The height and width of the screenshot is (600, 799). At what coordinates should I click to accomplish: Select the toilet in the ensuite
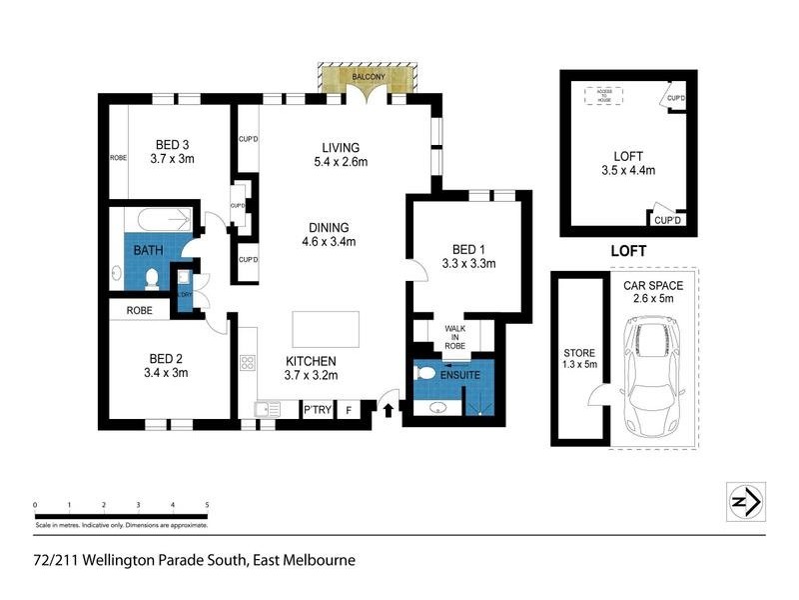click(x=423, y=373)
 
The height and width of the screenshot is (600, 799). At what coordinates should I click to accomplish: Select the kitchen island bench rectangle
click(x=326, y=328)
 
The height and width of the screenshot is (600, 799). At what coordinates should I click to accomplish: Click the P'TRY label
click(x=318, y=409)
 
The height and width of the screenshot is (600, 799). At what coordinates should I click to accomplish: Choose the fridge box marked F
click(x=349, y=409)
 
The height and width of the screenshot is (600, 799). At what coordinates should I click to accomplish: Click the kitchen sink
click(x=266, y=408)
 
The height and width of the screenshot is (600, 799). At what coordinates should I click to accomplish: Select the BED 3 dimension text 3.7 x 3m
click(x=171, y=158)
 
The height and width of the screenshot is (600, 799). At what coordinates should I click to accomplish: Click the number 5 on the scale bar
click(x=207, y=505)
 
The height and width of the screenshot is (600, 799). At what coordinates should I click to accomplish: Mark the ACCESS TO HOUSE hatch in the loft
click(x=605, y=95)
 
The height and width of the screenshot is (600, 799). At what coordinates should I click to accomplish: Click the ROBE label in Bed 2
click(x=139, y=310)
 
